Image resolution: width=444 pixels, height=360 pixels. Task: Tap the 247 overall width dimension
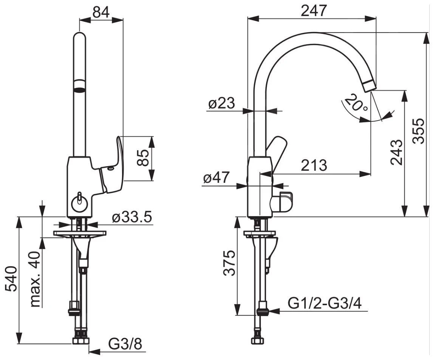[314, 11]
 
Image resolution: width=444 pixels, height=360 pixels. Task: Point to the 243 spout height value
[396, 152]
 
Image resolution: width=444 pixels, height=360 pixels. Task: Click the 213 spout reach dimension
[314, 165]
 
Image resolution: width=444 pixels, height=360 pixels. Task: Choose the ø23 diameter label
[222, 103]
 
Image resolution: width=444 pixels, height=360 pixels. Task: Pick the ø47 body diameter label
[216, 178]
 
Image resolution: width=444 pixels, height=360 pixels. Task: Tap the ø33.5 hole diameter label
[132, 217]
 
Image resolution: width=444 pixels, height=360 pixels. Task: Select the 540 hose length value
[12, 279]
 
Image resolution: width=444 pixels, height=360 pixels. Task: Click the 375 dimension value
[229, 263]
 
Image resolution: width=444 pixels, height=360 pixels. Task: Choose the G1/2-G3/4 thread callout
[325, 304]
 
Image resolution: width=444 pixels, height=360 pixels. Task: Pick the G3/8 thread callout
[125, 345]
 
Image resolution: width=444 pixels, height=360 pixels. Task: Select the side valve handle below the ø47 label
[282, 201]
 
